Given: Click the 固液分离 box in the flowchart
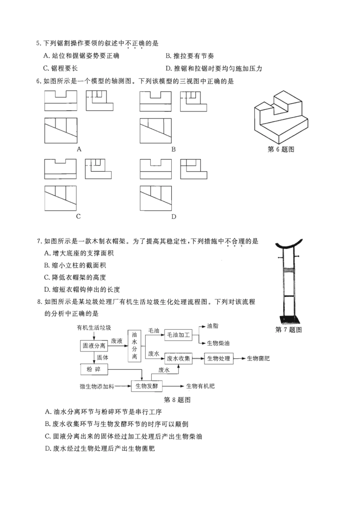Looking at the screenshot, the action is [94, 345].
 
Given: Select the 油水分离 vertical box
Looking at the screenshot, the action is [135, 345].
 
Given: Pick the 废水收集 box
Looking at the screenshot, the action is [178, 358].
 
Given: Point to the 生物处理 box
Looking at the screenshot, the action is [219, 358].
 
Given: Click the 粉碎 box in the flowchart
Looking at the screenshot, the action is [94, 369].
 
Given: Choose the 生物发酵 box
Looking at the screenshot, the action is [147, 386].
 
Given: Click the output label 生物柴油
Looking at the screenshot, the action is [218, 343].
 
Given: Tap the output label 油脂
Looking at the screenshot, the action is [213, 326].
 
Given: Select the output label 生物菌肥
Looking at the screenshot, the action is [258, 358].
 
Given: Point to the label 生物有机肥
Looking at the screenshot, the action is [200, 386].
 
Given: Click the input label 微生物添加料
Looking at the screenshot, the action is [97, 386].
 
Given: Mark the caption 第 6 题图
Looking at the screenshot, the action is [281, 149].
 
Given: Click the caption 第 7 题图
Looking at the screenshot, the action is [288, 330].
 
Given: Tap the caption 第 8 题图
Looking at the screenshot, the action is [177, 400].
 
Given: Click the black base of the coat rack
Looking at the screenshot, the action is [288, 319].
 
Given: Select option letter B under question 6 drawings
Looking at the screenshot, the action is [173, 149].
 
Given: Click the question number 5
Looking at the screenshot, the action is [38, 44].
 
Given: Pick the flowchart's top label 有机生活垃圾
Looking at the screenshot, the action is [94, 328].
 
